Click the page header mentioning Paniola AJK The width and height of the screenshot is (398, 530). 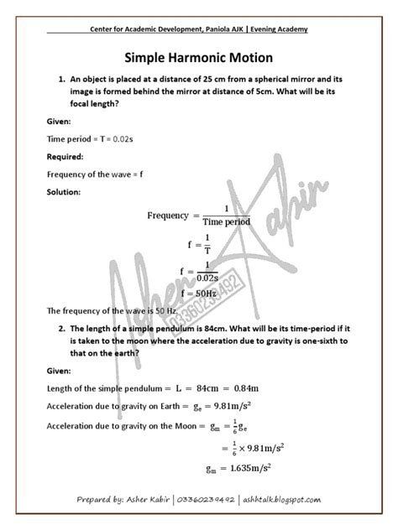click(x=199, y=29)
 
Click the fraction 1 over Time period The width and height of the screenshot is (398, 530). click(x=225, y=216)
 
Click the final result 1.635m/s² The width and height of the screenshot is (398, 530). click(x=249, y=469)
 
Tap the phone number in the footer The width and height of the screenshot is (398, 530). click(x=207, y=501)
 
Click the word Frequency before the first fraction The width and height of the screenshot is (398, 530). click(x=167, y=216)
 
